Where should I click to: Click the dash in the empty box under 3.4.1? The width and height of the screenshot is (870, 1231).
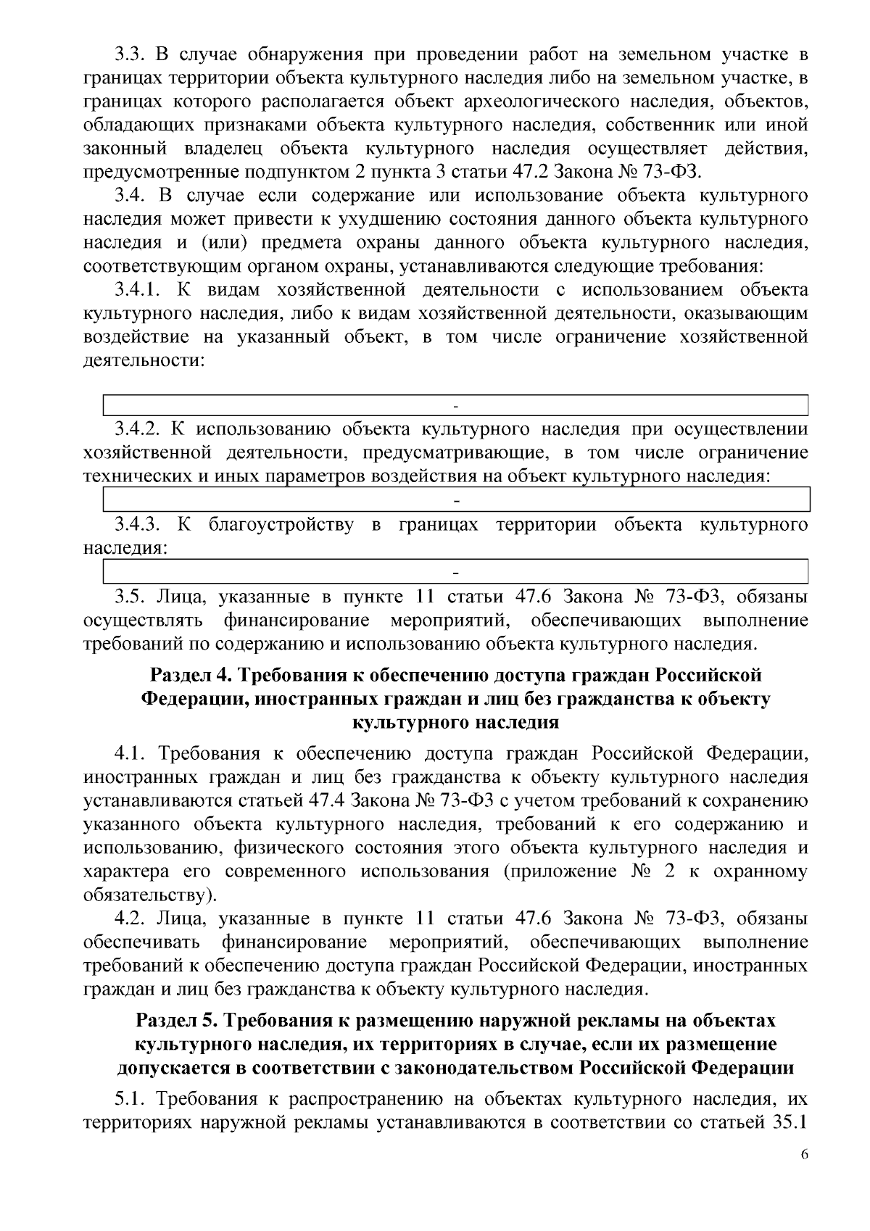(x=456, y=405)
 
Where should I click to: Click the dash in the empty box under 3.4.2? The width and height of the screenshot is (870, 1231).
(x=456, y=500)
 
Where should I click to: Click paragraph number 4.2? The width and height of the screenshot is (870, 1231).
(x=131, y=919)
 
